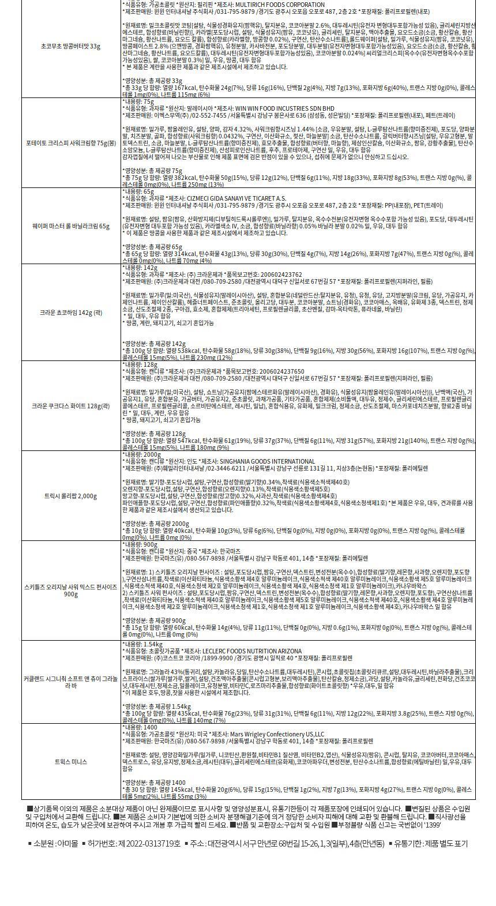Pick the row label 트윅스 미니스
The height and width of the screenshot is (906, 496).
[x=71, y=762]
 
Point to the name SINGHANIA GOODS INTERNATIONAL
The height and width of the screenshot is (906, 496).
[x=267, y=461]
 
